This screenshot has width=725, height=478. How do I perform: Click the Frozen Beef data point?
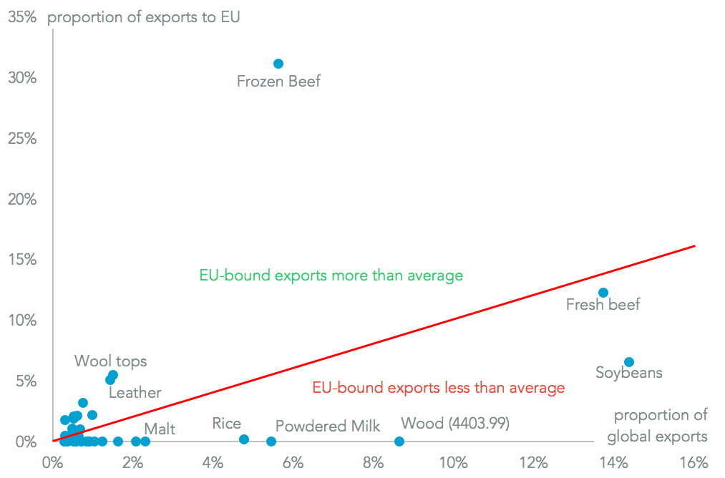pyautogui.click(x=278, y=64)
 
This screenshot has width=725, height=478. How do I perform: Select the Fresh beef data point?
pyautogui.click(x=603, y=293)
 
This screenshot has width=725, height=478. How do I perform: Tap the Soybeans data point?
pyautogui.click(x=629, y=362)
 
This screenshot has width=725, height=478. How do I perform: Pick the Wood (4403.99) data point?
pyautogui.click(x=399, y=442)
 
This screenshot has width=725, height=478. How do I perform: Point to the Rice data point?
pyautogui.click(x=244, y=439)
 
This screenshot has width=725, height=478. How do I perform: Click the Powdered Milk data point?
pyautogui.click(x=271, y=442)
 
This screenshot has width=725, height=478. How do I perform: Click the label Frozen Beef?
pyautogui.click(x=278, y=82)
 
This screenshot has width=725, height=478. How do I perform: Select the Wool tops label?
pyautogui.click(x=110, y=361)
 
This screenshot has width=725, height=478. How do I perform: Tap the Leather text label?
pyautogui.click(x=135, y=393)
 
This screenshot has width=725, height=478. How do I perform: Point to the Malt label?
pyautogui.click(x=160, y=429)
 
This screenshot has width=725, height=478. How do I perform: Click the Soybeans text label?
pyautogui.click(x=629, y=373)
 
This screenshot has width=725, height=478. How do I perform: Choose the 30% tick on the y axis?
pyautogui.click(x=22, y=77)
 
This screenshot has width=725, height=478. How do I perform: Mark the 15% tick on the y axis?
pyautogui.click(x=22, y=260)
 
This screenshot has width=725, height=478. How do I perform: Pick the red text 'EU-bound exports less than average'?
pyautogui.click(x=438, y=388)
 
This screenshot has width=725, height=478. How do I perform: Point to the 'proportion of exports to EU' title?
pyautogui.click(x=143, y=16)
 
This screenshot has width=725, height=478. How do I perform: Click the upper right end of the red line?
pyautogui.click(x=694, y=246)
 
